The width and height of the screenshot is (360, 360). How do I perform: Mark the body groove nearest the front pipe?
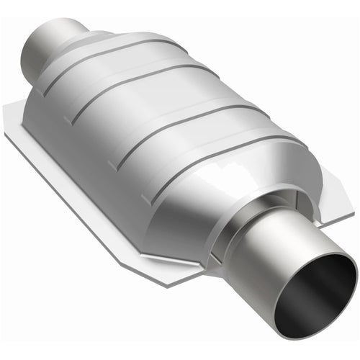[209, 154]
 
